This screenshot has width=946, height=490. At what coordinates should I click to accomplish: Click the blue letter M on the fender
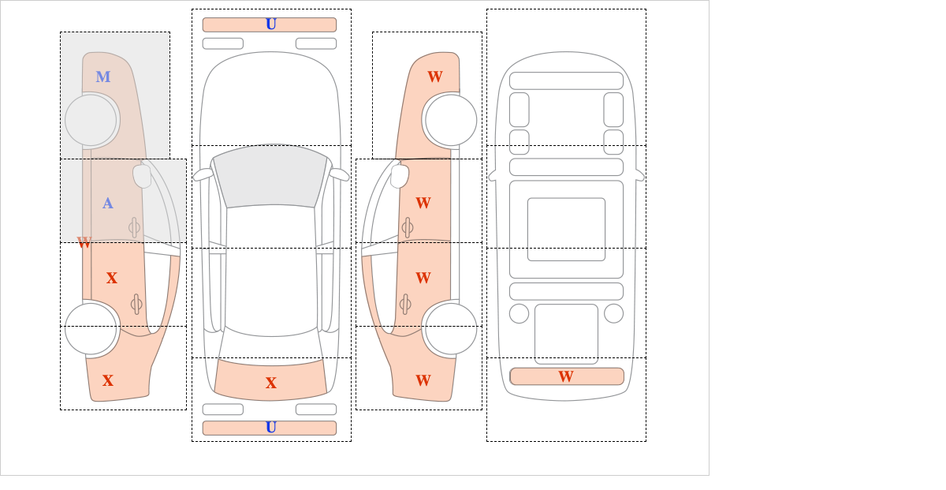(103, 77)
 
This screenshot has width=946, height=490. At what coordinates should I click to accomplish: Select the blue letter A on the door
(108, 204)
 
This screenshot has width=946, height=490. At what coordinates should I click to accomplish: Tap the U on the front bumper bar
(271, 24)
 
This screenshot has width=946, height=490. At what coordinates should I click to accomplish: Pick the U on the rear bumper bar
(271, 428)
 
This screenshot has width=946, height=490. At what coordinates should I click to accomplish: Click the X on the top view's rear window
(271, 383)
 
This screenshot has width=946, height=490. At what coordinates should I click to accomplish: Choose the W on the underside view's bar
(566, 376)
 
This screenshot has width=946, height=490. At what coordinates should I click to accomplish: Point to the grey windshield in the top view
(270, 176)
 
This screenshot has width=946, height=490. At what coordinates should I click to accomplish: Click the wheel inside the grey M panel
(91, 121)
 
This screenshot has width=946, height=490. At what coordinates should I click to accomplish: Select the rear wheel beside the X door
(91, 328)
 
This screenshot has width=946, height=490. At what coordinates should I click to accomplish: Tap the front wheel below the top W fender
(451, 121)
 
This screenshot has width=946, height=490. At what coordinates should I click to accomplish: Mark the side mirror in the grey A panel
(142, 176)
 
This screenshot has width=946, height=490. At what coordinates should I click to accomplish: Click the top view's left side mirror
(203, 174)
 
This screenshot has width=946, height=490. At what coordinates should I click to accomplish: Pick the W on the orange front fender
(435, 77)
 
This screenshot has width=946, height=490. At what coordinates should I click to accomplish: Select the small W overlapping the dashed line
(84, 243)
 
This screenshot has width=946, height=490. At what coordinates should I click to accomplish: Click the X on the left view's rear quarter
(108, 381)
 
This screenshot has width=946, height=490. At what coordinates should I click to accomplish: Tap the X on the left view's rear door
(111, 279)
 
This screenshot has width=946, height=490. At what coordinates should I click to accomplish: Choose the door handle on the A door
(134, 227)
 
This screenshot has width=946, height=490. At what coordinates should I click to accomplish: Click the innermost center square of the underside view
(566, 229)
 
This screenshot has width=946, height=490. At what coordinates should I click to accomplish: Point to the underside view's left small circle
(519, 314)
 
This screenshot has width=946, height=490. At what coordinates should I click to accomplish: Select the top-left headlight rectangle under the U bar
(223, 43)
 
